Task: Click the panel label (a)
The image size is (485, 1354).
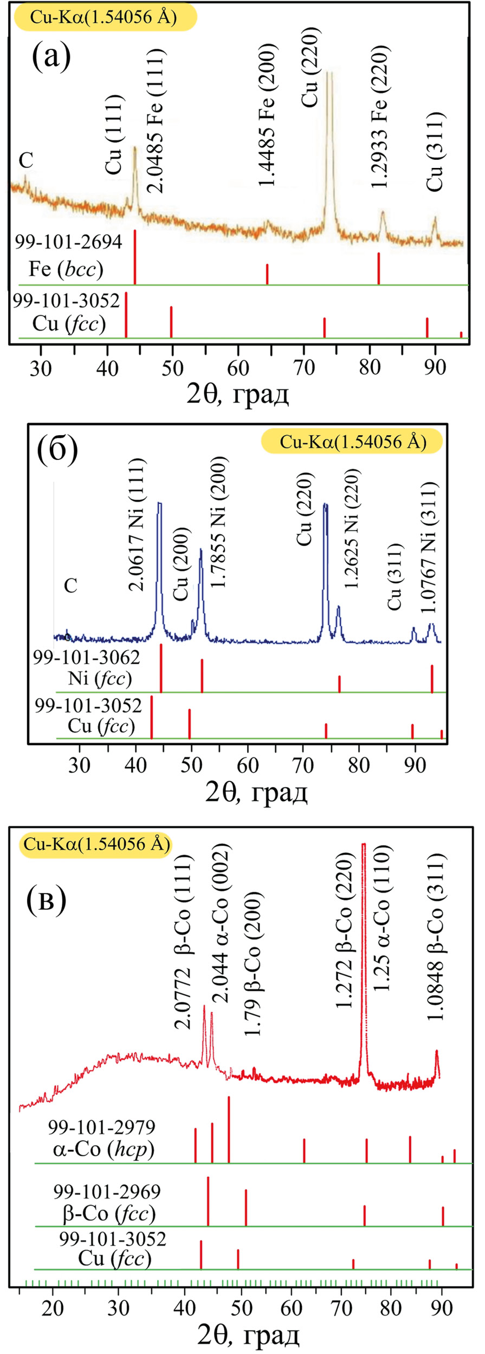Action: (51, 58)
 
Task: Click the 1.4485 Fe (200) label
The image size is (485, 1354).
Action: (267, 115)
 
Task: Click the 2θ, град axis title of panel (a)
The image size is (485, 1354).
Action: (238, 394)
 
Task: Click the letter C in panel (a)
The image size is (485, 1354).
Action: (26, 160)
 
